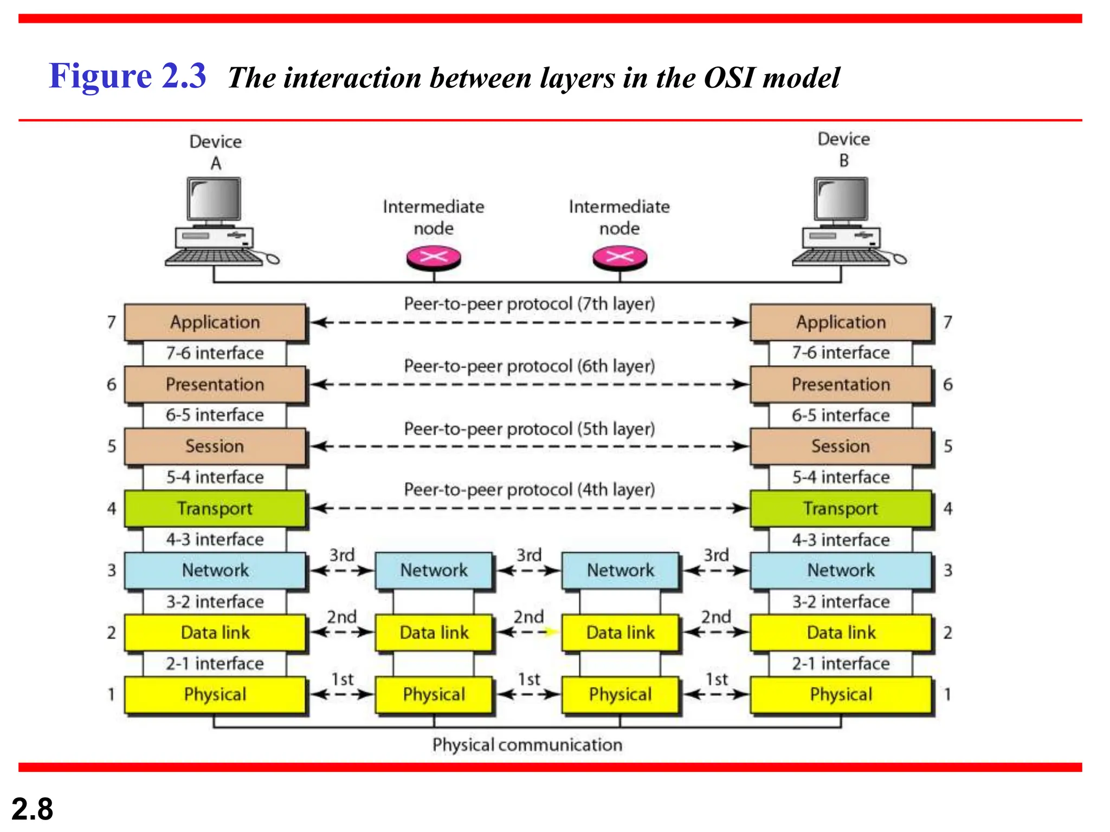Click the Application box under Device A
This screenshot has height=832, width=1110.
pos(215,322)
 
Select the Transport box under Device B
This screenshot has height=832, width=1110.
pos(841,509)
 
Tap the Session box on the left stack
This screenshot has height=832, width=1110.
pos(215,446)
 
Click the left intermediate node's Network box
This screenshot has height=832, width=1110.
pos(434,570)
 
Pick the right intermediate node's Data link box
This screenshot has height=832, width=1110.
pos(620,632)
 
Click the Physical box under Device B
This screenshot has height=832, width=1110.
pos(841,694)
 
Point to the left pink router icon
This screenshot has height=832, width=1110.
pos(434,257)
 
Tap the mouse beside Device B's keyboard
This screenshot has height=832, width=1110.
pos(900,259)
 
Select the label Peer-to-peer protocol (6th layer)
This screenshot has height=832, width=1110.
pos(529,366)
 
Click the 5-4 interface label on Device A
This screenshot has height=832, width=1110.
pos(215,477)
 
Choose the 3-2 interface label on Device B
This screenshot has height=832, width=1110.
pos(841,602)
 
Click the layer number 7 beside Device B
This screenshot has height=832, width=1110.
pos(947,322)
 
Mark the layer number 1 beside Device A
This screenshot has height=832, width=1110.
pos(111,694)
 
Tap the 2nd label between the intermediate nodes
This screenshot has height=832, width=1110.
pos(528,617)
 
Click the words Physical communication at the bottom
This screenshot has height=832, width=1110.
pos(527,745)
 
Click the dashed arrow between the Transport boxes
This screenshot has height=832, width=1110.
pos(529,509)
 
